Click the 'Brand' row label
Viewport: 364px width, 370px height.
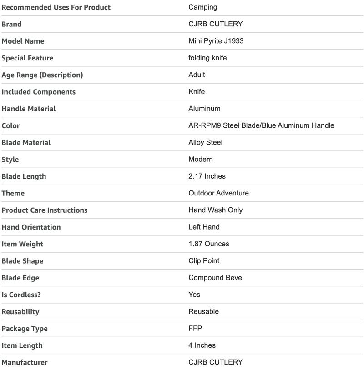tap(11, 24)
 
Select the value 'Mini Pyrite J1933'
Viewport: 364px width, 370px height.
tap(216, 41)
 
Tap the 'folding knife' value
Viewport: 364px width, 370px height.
tap(207, 58)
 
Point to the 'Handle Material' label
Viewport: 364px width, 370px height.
tap(29, 109)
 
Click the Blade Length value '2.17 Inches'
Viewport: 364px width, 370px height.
tap(207, 176)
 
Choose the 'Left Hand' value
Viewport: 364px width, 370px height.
tap(204, 227)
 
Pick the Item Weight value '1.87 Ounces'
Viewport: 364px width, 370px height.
tap(209, 244)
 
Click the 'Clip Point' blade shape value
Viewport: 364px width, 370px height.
tap(204, 261)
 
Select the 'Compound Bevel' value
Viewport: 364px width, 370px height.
tap(216, 278)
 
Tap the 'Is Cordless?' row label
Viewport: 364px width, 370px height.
tap(21, 295)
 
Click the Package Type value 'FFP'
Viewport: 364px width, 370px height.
tap(195, 328)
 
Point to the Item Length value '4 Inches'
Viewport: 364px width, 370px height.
tap(202, 345)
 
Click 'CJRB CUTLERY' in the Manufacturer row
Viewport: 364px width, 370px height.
tap(216, 362)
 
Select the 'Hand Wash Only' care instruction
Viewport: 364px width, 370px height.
tap(216, 210)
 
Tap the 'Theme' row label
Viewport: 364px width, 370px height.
tap(13, 193)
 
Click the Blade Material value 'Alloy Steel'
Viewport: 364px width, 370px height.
tap(206, 142)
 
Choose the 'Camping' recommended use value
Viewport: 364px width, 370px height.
tap(203, 7)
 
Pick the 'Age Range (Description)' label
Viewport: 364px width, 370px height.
tap(42, 75)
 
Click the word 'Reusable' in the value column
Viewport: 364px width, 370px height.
tap(204, 311)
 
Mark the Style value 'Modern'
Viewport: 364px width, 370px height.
tap(201, 159)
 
